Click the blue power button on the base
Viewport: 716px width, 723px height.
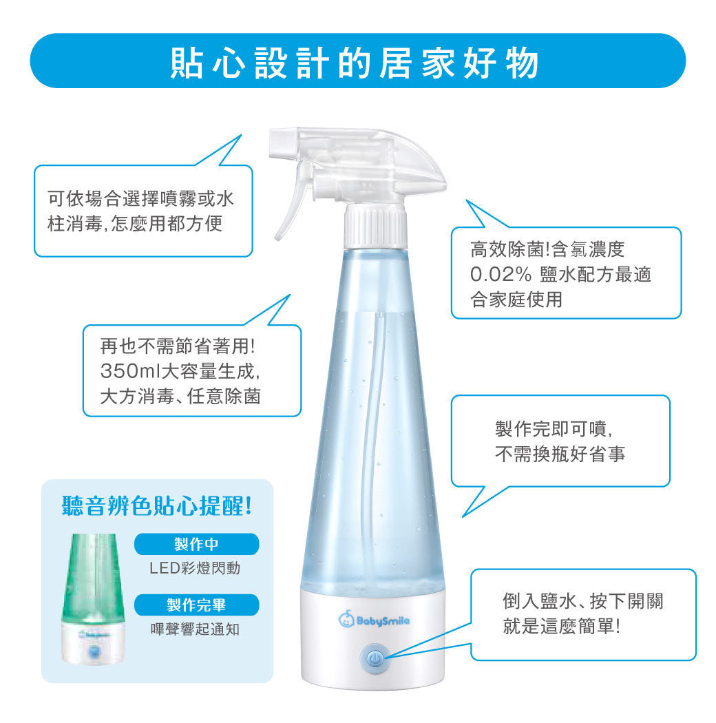click(375, 659)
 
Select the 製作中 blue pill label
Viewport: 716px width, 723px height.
click(196, 544)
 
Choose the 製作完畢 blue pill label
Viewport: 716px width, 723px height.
click(196, 605)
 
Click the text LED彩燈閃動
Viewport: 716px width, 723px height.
click(196, 569)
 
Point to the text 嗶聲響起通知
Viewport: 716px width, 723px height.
click(196, 629)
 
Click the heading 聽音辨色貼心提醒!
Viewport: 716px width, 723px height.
click(158, 507)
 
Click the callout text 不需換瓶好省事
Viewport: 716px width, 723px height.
click(560, 454)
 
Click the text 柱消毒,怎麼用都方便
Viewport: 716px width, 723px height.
click(135, 225)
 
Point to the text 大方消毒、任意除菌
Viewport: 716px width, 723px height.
click(180, 397)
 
